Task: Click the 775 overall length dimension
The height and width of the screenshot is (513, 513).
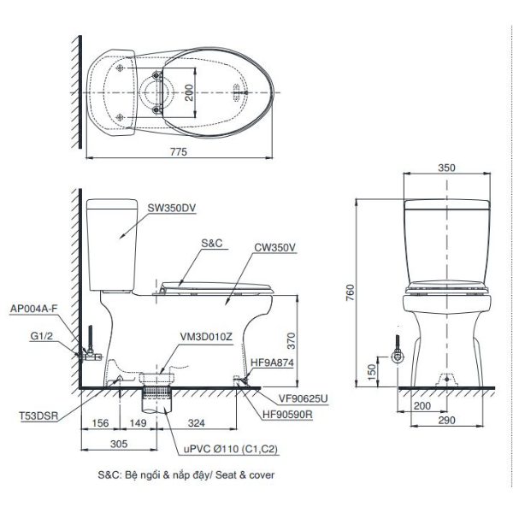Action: point(178,151)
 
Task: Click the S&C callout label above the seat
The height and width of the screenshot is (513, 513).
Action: point(212,244)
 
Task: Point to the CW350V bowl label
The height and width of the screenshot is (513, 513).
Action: point(274,248)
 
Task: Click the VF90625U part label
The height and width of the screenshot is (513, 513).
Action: point(301,398)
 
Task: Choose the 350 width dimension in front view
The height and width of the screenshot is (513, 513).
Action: point(446,168)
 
